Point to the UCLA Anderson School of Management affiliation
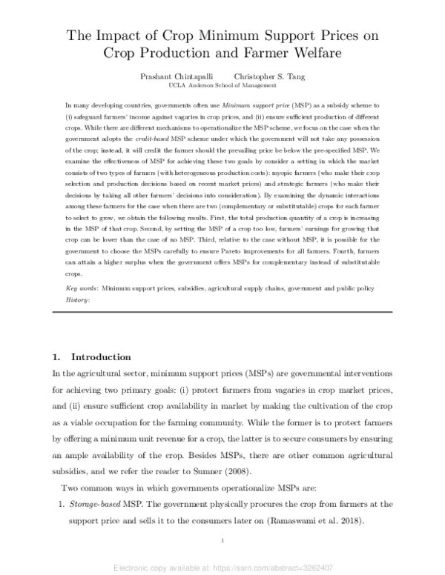[x=222, y=85]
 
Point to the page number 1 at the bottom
[x=222, y=542]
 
